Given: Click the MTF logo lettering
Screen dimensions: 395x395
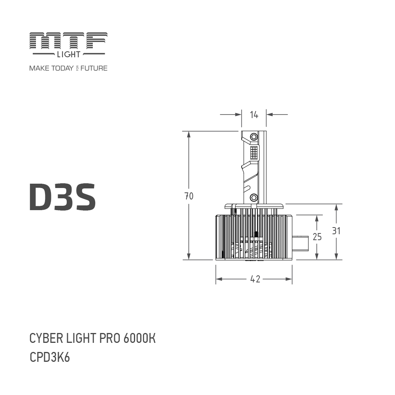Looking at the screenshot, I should pos(68,42).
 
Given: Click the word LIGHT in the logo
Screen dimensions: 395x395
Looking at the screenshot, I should pos(68,54).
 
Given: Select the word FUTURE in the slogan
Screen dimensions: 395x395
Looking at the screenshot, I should pos(94,68).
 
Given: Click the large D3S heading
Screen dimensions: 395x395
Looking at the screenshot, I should pos(62,196).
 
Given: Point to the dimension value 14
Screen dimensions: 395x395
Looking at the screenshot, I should pos(254,115).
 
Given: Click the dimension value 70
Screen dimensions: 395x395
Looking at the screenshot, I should pos(189,196).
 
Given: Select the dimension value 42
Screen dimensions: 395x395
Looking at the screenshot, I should pos(255,279).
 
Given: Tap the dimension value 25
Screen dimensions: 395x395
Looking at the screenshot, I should pos(317,237).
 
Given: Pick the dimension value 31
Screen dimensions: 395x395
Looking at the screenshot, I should pos(336,231).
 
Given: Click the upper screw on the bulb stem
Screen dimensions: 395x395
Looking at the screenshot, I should pos(254,137).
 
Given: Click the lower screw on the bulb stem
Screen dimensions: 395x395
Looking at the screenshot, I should pos(254,197).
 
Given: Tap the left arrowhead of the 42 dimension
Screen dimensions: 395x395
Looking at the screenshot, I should pos(218,279).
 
